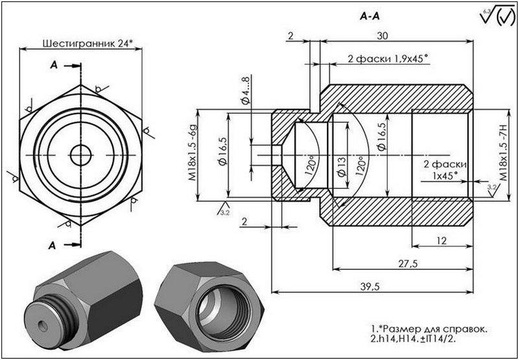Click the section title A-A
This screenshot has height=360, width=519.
(x=369, y=18)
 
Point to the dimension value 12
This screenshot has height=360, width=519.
(x=442, y=241)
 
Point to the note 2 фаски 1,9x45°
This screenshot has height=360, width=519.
(x=387, y=59)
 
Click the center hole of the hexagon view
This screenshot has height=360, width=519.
(x=81, y=155)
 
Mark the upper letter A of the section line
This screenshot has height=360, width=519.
(x=53, y=66)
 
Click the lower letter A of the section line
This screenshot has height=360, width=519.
(x=53, y=245)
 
